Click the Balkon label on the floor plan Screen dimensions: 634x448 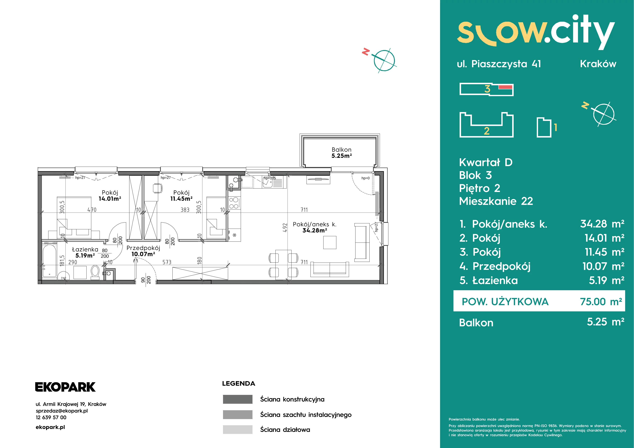coord(342,150)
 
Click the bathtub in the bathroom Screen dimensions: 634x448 coord(49,261)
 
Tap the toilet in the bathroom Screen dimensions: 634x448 coord(95,272)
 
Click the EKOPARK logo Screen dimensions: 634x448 coord(65,387)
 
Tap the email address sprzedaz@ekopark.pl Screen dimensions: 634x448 coord(62,411)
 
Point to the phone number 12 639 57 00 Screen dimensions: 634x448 coord(51,417)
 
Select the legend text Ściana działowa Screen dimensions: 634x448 coord(285,430)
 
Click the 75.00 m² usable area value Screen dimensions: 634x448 coord(601,302)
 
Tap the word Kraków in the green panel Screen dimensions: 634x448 coord(598,64)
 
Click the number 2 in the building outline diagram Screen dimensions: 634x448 coord(487,131)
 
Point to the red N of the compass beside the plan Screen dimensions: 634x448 coord(366,52)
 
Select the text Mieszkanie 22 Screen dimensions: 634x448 coord(496,201)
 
